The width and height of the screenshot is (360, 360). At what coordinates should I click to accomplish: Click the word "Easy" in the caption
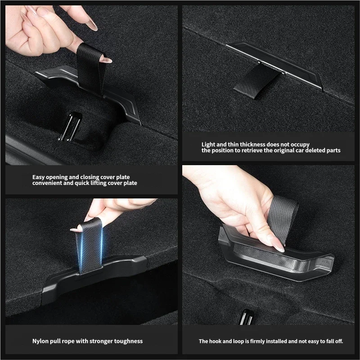38,177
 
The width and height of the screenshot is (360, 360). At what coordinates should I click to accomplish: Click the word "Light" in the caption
208,144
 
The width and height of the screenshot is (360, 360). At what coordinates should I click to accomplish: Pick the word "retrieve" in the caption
252,150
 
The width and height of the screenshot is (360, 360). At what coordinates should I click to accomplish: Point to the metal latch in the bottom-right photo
246,317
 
